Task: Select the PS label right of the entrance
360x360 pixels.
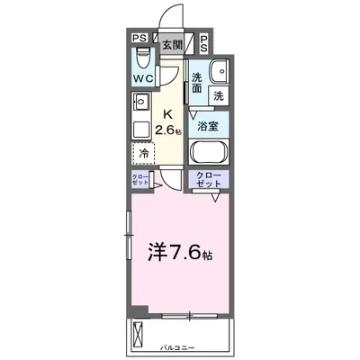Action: coord(205,41)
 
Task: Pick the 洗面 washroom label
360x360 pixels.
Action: coord(198,82)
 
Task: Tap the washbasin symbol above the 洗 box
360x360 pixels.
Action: coord(219,72)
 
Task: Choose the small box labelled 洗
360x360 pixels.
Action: coord(219,94)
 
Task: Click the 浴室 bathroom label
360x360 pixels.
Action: coord(208,126)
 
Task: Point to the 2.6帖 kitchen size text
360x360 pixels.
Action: coord(168,130)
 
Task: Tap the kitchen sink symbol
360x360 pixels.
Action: coord(139,123)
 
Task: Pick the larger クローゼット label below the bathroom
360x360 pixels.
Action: coord(208,180)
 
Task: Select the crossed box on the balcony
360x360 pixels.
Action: coord(139,335)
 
